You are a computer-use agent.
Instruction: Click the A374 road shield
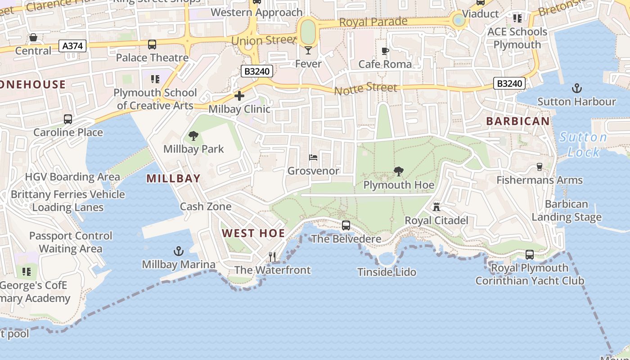coord(72,46)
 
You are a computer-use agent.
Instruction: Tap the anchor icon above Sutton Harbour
coord(576,88)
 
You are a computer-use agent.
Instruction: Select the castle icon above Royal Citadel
coord(436,207)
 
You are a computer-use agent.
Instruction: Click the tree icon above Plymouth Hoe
coord(398,171)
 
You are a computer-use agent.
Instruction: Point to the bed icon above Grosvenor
coord(313,157)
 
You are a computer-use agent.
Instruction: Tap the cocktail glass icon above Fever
coord(308,50)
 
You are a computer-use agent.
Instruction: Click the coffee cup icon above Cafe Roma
coord(385,51)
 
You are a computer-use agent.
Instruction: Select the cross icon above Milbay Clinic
coord(239,95)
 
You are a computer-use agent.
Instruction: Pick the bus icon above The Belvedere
coord(346,225)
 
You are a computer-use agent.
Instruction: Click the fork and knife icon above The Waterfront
coord(272,256)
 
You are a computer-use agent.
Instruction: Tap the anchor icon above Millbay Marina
coord(179,251)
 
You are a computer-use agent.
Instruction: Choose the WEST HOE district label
coord(253,233)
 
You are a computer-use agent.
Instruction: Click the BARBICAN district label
coord(517,121)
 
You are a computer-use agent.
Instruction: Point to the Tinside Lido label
coord(387,272)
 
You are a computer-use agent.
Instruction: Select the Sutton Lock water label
coord(583,144)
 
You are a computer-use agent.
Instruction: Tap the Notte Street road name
coord(365,88)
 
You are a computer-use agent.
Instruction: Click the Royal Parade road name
coord(373,22)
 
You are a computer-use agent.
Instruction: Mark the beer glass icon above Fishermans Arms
coord(540,167)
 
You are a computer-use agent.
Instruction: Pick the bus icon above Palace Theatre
coord(152,44)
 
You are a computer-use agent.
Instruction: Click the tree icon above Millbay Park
coord(193,135)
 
